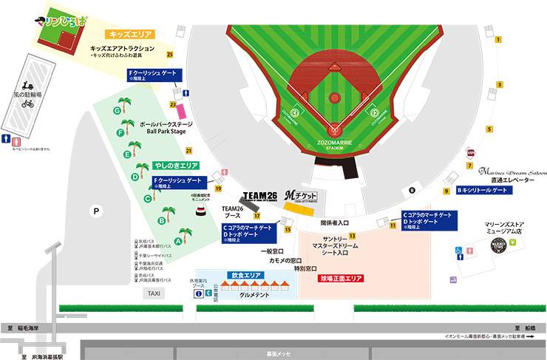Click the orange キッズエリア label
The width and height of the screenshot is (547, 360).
click(130, 35)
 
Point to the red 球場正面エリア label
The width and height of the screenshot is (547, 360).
click(341, 279)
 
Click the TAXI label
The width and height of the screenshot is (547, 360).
click(154, 293)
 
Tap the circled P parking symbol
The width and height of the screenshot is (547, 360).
click(95, 211)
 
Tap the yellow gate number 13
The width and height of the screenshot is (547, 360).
click(353, 236)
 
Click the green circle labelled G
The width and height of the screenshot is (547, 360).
click(117, 110)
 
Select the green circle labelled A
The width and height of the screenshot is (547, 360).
click(179, 240)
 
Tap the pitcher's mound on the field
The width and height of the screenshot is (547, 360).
click(335, 97)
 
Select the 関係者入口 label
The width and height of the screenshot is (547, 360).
click(335, 222)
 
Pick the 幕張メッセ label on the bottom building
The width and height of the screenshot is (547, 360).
click(277, 353)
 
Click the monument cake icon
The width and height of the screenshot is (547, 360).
click(201, 212)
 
